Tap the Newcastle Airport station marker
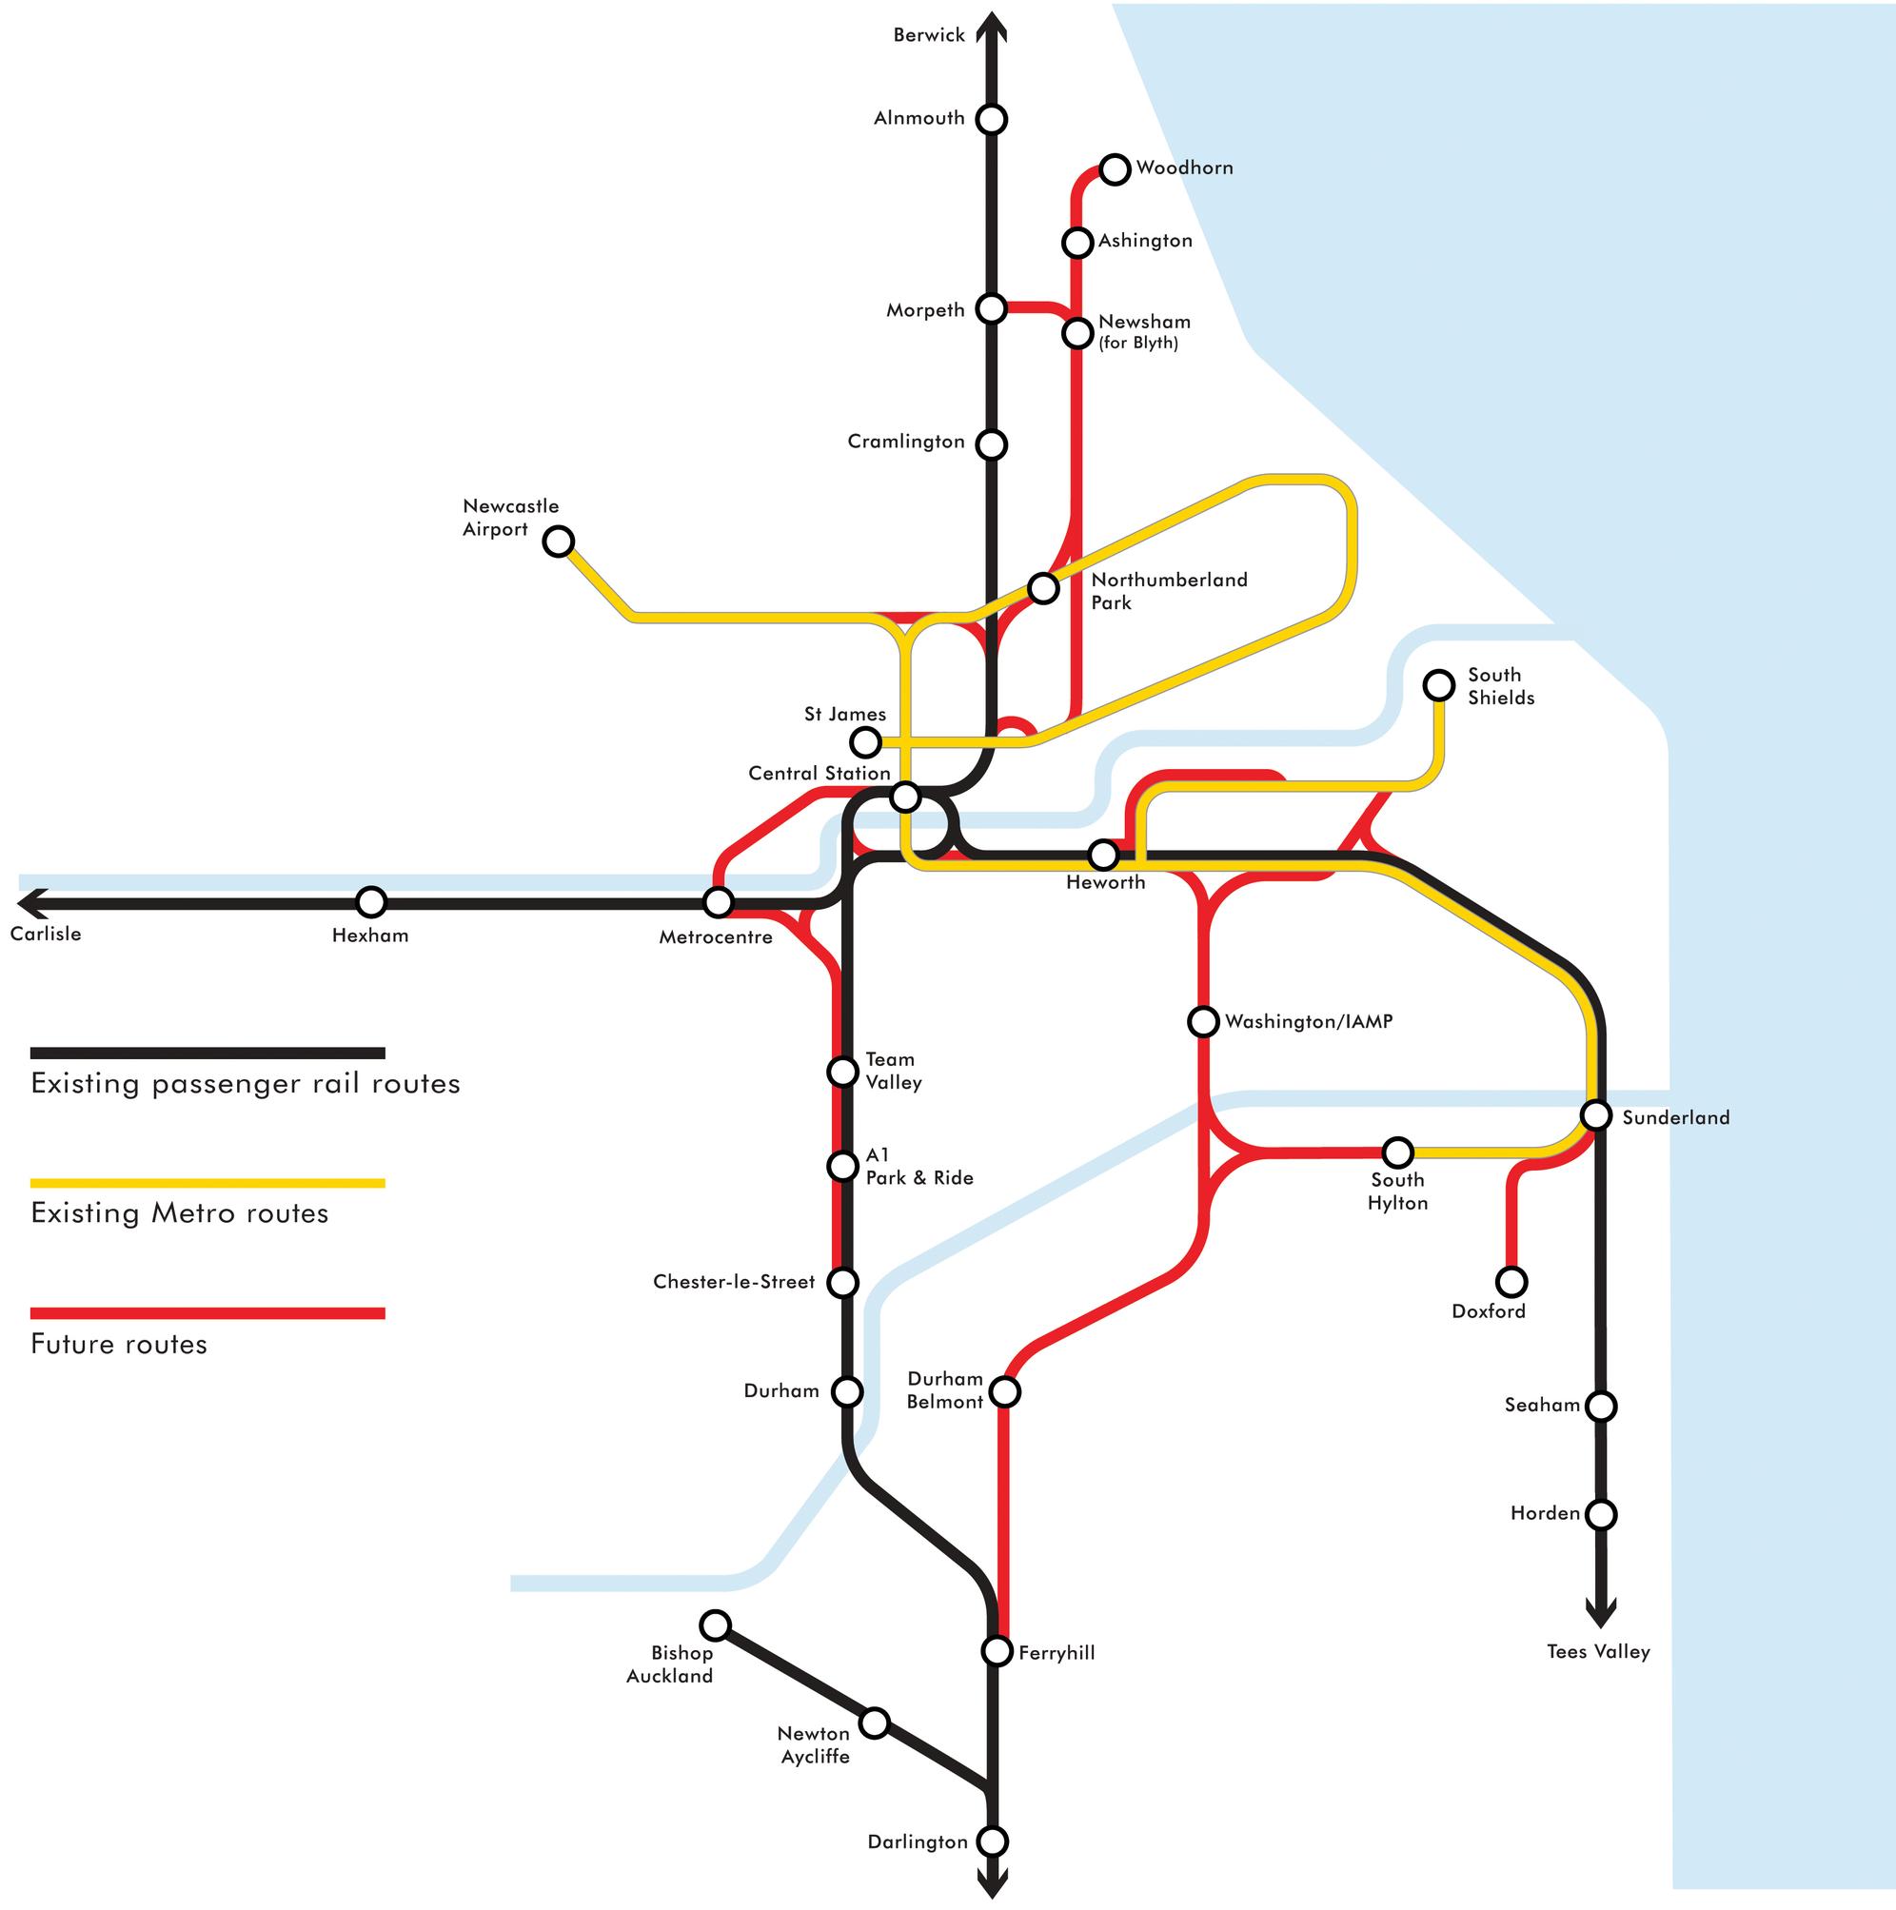[559, 541]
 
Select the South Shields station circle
[1438, 684]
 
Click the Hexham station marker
[370, 900]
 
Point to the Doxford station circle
[1511, 1281]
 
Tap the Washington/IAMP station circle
[1203, 1021]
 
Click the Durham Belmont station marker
[1004, 1391]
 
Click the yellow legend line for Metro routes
[207, 1182]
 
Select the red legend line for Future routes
[207, 1313]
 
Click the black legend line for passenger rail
[207, 1053]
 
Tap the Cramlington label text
[905, 441]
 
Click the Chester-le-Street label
[734, 1281]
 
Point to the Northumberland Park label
[1169, 591]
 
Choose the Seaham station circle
[1600, 1405]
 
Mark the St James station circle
[865, 740]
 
